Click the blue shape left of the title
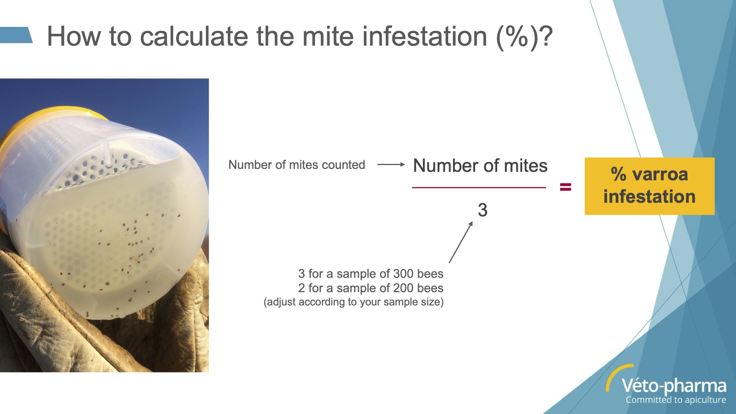(16, 35)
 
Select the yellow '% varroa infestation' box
(650, 186)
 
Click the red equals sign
(566, 187)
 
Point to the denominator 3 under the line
(482, 210)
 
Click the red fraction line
(479, 187)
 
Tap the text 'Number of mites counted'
(297, 164)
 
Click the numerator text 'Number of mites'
(480, 166)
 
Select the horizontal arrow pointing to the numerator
(391, 164)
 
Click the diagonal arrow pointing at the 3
(461, 242)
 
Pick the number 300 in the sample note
(403, 274)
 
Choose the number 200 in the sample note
(403, 288)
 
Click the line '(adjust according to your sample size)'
(354, 302)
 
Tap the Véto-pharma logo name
(674, 386)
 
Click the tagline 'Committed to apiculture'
(676, 400)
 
